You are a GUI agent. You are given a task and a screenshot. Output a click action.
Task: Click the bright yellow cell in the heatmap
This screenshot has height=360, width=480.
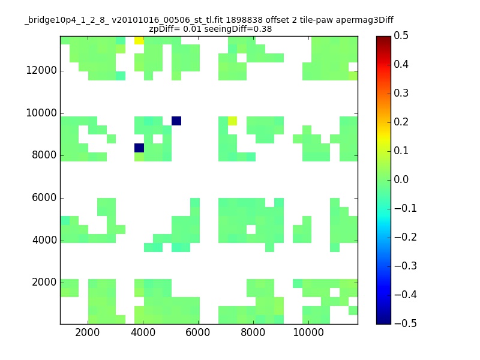[139, 40]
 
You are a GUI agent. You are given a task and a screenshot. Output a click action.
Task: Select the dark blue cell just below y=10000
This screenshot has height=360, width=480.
[176, 121]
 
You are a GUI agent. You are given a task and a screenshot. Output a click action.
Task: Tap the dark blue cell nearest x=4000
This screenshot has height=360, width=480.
[139, 148]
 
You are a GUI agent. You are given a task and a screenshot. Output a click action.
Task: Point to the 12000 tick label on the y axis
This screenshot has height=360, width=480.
[41, 70]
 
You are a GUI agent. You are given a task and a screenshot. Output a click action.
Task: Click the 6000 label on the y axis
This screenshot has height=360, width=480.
[44, 197]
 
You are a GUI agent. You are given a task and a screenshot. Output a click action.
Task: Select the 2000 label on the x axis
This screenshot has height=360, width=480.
[87, 332]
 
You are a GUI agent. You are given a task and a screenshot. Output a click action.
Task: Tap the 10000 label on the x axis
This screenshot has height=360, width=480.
[308, 332]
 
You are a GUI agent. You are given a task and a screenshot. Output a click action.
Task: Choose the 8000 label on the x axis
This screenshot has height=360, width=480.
[253, 332]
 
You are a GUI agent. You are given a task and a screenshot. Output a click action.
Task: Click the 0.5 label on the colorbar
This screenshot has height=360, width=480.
[401, 35]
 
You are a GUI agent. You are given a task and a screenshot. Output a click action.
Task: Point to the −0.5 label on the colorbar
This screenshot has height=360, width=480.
[406, 323]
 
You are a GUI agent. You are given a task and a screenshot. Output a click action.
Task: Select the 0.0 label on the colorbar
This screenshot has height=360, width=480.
[401, 179]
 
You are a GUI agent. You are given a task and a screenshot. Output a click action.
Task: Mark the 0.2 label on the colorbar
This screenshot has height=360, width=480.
[401, 122]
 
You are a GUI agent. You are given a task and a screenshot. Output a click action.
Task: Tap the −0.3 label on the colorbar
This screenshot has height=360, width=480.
[406, 266]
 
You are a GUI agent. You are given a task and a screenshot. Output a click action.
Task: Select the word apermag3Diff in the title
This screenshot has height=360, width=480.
[365, 20]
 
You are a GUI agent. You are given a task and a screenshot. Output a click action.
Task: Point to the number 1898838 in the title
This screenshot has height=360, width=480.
[244, 20]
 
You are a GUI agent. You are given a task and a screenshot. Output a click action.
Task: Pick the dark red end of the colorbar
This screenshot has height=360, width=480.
[383, 38]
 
